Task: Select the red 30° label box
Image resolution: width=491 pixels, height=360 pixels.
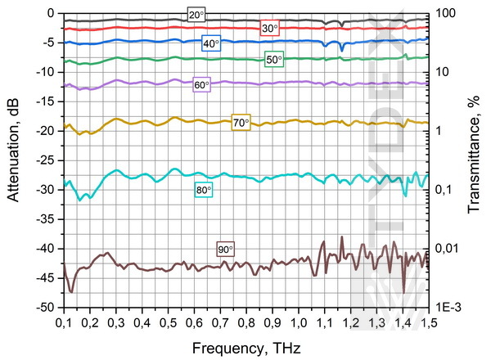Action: pos(269,29)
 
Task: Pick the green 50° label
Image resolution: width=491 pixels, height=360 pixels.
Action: pos(274,59)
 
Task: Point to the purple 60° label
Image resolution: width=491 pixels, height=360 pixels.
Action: pos(201,85)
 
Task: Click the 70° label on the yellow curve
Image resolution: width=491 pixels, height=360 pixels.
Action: pos(241,124)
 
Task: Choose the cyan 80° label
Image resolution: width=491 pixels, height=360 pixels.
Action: pos(203,190)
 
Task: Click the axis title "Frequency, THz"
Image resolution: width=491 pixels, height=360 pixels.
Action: pos(245,349)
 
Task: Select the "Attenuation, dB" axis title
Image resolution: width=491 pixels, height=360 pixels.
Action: pos(14,160)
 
